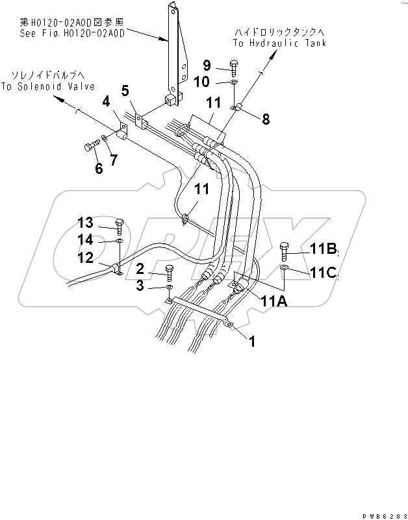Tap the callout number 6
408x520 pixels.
tap(99, 168)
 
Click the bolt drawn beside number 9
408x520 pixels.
tap(233, 66)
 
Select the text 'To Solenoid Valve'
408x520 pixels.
tap(47, 86)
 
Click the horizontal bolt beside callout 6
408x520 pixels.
tap(91, 146)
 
